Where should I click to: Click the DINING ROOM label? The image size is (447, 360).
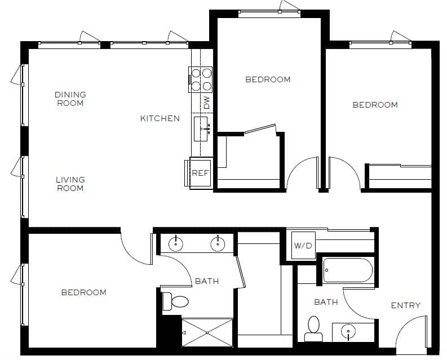coord(70,99)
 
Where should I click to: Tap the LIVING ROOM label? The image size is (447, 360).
coord(70,184)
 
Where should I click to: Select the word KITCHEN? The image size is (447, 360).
coord(160,118)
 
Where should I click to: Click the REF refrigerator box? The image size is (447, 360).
coord(201,173)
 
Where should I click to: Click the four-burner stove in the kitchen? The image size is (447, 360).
coord(201,79)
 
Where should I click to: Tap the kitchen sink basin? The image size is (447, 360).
coord(202,129)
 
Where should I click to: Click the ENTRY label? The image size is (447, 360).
coord(405,305)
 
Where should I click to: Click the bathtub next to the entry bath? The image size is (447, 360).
coord(347,270)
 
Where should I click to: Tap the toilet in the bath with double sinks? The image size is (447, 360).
coord(175,301)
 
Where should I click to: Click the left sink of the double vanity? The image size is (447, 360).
coord(176,243)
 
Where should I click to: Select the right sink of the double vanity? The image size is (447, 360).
coord(217,243)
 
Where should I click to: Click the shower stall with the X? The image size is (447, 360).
coord(207,332)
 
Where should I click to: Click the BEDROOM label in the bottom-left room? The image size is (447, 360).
coord(83,292)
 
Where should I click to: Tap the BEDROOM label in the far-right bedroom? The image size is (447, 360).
coord(375,105)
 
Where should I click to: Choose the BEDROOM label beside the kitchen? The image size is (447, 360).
coord(268,79)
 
